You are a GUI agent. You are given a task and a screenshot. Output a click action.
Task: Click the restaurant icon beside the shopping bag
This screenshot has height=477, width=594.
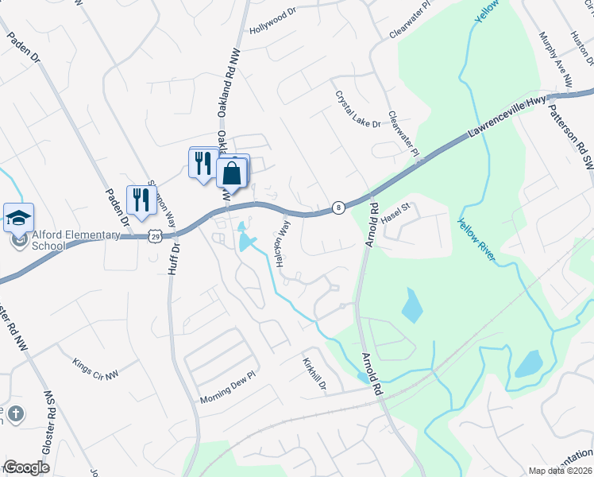[x=202, y=164]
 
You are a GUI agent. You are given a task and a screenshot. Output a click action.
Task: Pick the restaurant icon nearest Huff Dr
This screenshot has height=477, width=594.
[x=141, y=200]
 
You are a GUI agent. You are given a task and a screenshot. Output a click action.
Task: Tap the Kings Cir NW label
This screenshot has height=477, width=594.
[x=94, y=366]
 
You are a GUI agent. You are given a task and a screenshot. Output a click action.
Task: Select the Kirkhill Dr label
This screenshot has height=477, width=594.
[x=314, y=372]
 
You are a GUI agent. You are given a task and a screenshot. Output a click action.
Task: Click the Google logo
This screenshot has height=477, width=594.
[x=26, y=467]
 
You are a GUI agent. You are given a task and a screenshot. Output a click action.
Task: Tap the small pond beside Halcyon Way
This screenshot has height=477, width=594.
[x=244, y=238]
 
